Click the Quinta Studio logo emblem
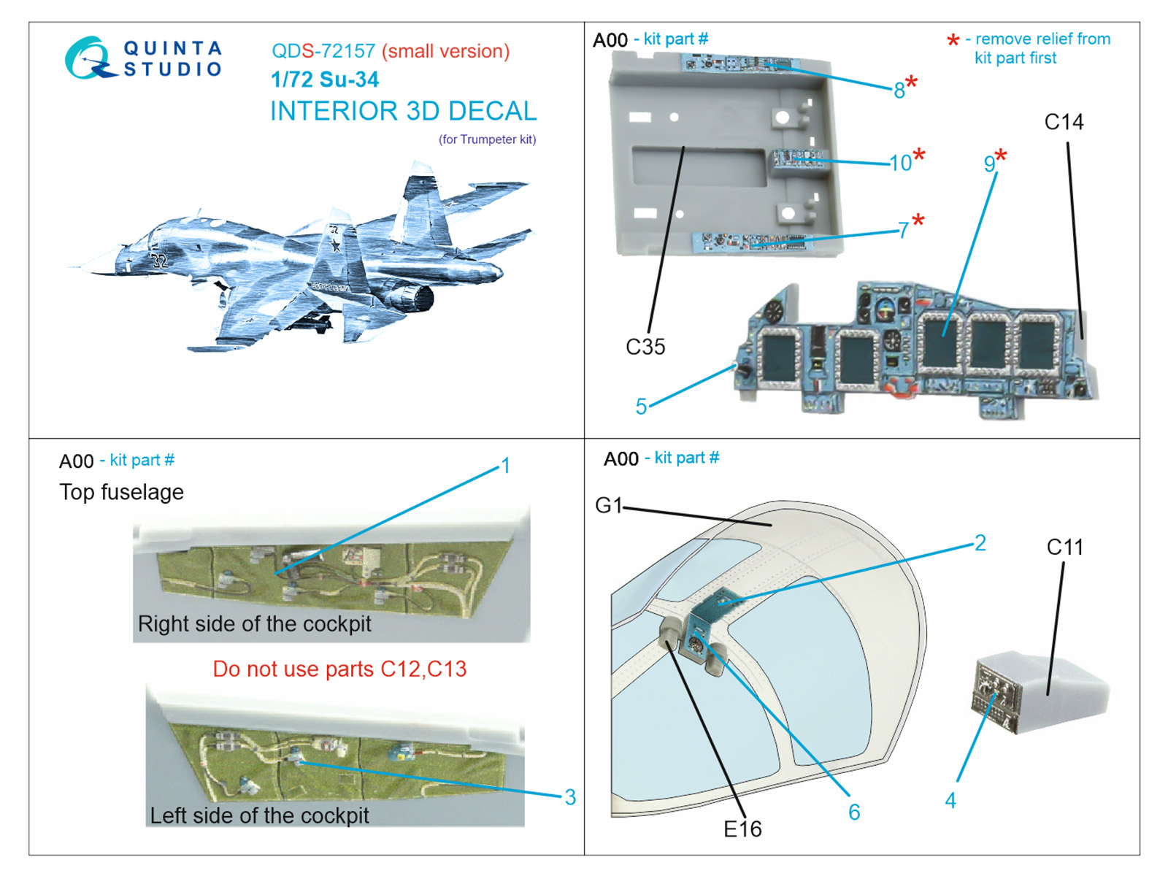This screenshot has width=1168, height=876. pos(89,58)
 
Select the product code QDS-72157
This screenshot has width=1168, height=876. pos(323,51)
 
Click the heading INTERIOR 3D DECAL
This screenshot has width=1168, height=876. pos(403,111)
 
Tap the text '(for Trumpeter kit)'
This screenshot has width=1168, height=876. pos(487,139)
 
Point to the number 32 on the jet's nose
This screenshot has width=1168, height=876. pos(159,260)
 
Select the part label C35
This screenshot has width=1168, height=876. pos(645,347)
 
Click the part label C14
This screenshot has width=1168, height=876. pos(1064,122)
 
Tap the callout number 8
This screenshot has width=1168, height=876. pos(899,90)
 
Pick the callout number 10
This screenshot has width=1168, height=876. pos(900,163)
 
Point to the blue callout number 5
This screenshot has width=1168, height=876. pos(641,407)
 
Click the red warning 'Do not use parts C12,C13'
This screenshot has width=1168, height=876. pos(339,669)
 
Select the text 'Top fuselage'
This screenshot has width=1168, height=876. pos(121,492)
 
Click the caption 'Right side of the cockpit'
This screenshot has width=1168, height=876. pos(254,624)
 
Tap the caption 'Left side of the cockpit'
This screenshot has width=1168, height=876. pos(259,815)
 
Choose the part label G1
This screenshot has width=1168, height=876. pos(608,505)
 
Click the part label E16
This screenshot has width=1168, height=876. pos(742,829)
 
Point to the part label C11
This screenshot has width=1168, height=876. pos(1064,547)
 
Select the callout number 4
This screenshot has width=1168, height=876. pos(950,801)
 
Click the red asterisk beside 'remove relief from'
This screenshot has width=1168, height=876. pos(953,41)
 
